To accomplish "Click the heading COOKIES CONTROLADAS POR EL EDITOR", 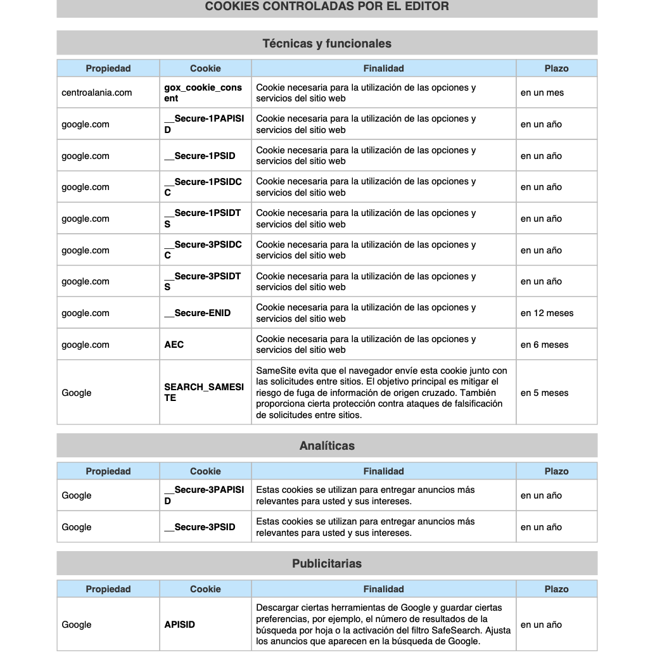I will [x=327, y=6].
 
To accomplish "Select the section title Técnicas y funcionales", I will [x=327, y=44].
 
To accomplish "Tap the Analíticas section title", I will [x=327, y=446].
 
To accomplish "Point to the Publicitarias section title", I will [x=327, y=564].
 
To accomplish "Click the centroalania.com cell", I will [x=97, y=92].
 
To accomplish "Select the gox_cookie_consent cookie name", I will [x=203, y=93].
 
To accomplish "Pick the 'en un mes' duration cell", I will [x=542, y=92].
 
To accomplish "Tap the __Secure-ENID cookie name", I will [x=198, y=313].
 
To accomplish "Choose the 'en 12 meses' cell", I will [x=547, y=313].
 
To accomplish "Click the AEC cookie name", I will [x=174, y=345].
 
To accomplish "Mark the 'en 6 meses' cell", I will [x=545, y=345].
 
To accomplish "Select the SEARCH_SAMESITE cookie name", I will [x=204, y=393].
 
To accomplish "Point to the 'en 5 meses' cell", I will [x=545, y=393].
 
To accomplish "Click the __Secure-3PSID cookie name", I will [x=200, y=527].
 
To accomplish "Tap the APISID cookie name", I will [x=180, y=625].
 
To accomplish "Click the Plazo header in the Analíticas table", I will [x=556, y=471].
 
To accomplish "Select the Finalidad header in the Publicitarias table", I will [x=383, y=589].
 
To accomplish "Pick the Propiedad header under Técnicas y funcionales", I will [x=108, y=68].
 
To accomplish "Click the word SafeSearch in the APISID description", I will [x=455, y=630].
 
